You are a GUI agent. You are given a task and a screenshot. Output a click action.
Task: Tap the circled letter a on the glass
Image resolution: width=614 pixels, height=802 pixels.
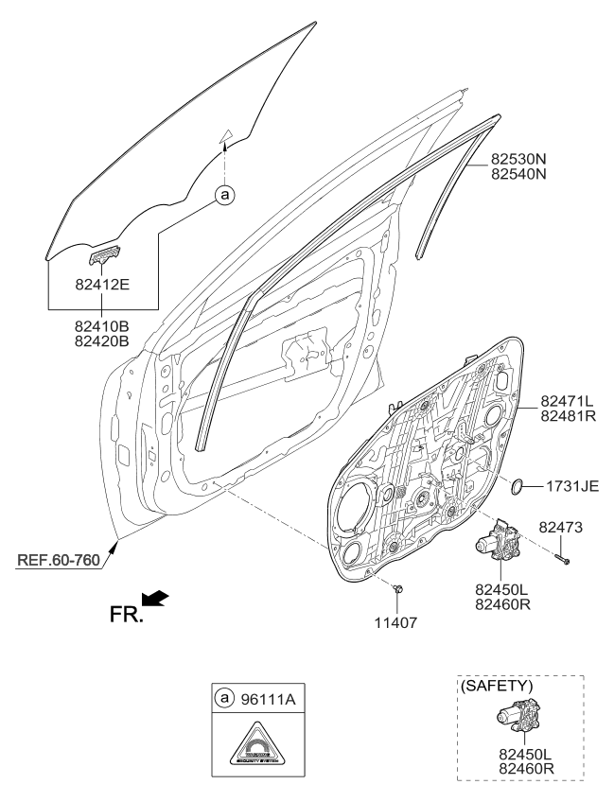(224, 196)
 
